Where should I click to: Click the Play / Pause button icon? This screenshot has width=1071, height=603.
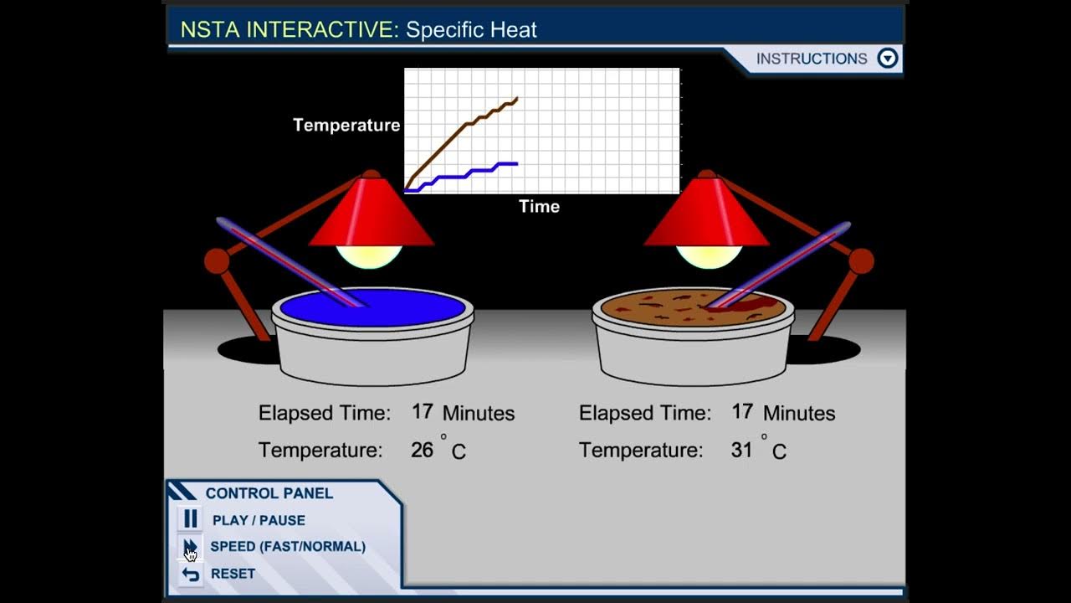191,520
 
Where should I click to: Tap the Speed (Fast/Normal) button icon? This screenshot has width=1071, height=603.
191,547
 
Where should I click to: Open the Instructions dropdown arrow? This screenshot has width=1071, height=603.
887,59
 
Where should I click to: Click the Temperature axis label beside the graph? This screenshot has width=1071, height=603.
346,126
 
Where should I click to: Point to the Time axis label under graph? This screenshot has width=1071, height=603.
539,207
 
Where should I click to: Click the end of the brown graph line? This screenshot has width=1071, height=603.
516,99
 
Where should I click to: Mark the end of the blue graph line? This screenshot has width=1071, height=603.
516,163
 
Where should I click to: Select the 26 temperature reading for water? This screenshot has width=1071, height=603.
422,451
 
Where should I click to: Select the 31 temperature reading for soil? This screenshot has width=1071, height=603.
741,451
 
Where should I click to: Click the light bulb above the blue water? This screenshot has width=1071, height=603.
369,255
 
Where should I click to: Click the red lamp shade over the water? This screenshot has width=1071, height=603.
371,214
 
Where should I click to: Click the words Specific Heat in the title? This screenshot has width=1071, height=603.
471,30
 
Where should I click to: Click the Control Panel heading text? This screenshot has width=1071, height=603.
269,493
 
